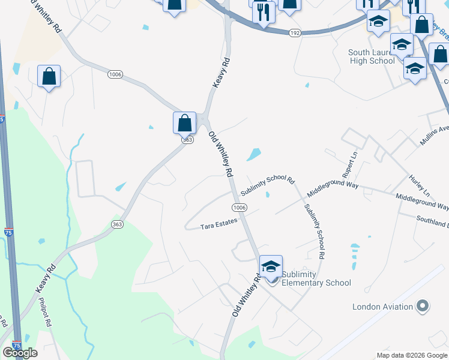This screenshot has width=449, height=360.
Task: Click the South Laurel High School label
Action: (371, 56)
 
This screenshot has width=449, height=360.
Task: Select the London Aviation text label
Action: (382, 307)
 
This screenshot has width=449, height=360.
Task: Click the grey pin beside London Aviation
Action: (423, 306)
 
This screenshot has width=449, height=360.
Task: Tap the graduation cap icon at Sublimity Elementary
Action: (271, 266)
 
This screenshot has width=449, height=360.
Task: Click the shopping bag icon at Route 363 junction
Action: (185, 123)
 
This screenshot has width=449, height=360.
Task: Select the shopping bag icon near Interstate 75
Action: (49, 76)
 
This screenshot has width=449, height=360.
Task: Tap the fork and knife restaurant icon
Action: (263, 12)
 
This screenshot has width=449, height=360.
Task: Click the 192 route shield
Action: (294, 34)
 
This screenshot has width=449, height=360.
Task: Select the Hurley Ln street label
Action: (419, 186)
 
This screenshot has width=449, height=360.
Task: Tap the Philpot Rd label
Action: (44, 313)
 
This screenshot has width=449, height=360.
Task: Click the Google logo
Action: (20, 353)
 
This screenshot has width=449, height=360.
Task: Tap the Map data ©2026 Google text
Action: (412, 355)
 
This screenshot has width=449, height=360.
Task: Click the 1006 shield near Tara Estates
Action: (239, 207)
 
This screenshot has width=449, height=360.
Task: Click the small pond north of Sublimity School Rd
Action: (254, 154)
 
